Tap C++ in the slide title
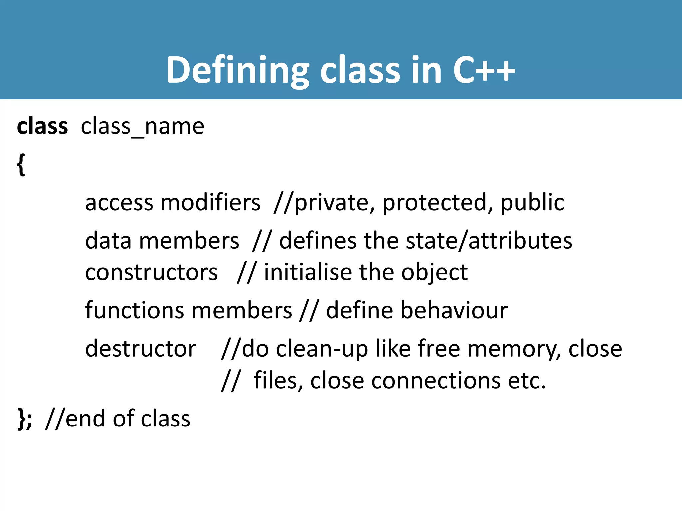(x=484, y=70)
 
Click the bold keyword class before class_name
(x=42, y=126)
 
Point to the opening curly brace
(x=21, y=164)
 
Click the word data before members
(x=108, y=240)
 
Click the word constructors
(x=152, y=272)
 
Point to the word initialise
(x=308, y=272)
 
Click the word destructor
(x=141, y=349)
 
